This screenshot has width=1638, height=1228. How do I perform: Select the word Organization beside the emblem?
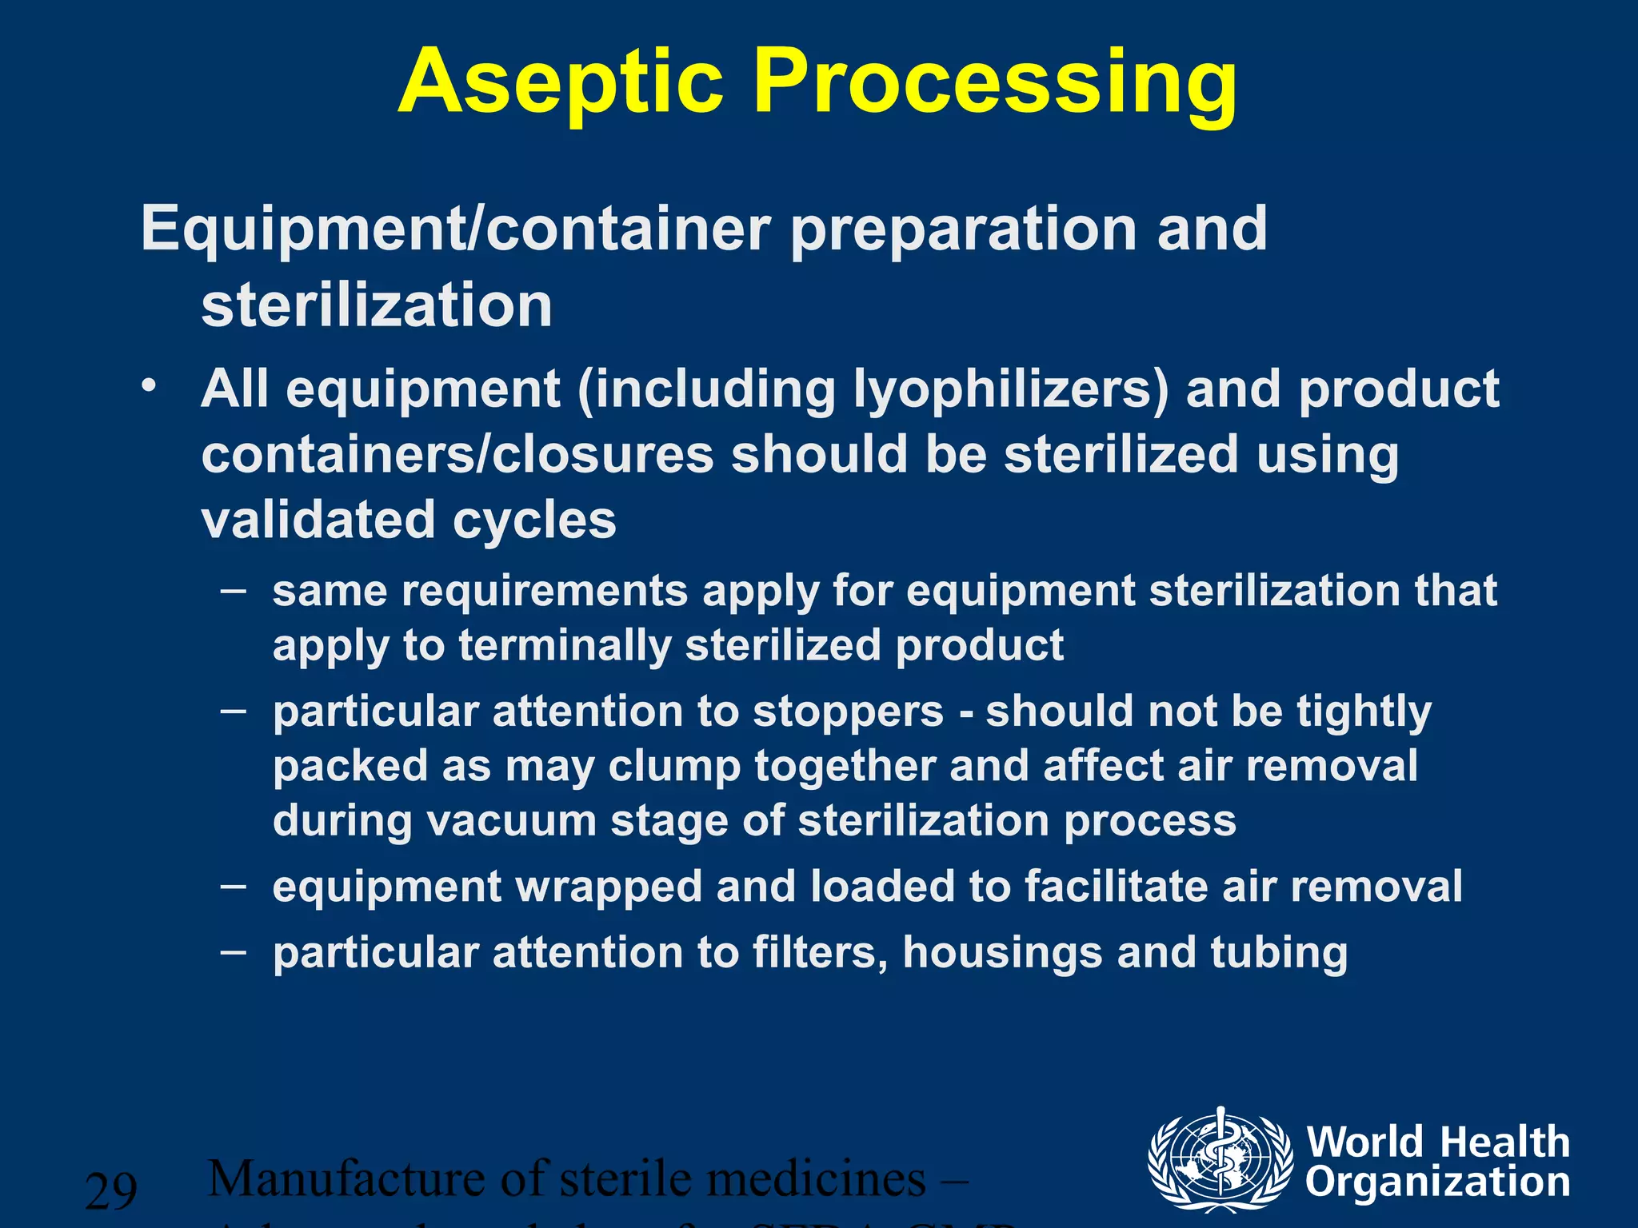pos(1438,1183)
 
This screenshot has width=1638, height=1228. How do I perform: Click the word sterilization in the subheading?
pos(377,305)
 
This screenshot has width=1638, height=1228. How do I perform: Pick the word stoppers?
pos(849,712)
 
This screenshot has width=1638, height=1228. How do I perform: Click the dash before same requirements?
pos(234,592)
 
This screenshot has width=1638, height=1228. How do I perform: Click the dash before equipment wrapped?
pos(234,887)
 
